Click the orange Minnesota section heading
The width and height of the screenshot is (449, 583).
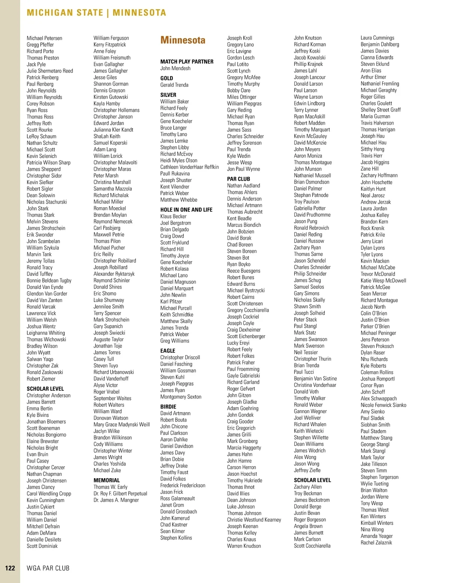click(x=183, y=40)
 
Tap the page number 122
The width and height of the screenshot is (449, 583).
click(x=10, y=568)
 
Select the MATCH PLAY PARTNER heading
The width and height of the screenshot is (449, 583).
click(x=187, y=62)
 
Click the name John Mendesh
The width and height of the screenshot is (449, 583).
click(x=175, y=68)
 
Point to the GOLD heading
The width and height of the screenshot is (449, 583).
click(x=167, y=78)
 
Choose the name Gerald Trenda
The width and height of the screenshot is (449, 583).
click(x=174, y=85)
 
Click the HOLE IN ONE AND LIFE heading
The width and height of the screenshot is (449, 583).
click(x=186, y=210)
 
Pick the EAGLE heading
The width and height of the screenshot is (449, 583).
click(x=168, y=351)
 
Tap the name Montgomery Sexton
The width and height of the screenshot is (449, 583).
click(x=181, y=397)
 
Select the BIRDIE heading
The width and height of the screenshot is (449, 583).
click(x=168, y=407)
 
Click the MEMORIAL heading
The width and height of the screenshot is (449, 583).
click(x=107, y=480)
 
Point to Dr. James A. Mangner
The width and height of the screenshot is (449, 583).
click(x=116, y=500)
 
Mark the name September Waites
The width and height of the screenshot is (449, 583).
click(x=112, y=399)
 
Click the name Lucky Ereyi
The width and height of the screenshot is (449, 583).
click(x=238, y=343)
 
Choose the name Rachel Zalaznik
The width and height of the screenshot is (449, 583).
click(x=376, y=543)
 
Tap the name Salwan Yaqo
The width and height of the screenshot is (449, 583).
click(x=40, y=359)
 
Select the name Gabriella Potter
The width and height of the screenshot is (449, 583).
click(x=309, y=208)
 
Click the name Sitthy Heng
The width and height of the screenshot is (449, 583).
click(x=372, y=149)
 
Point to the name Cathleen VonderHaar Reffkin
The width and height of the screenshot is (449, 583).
click(x=189, y=167)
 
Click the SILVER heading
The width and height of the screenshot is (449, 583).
click(x=168, y=95)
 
